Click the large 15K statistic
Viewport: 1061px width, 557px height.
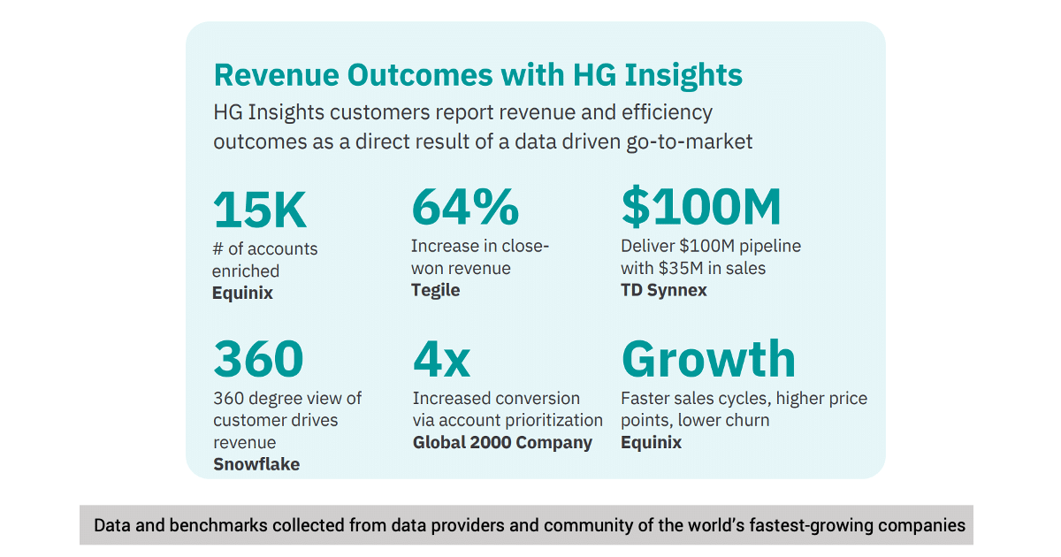[x=260, y=210]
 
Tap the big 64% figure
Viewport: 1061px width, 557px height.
[x=465, y=208]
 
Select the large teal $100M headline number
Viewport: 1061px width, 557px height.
[x=701, y=208]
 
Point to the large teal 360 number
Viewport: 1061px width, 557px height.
[x=258, y=359]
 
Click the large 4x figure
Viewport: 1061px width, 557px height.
[x=441, y=359]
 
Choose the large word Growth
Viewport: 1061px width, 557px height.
[x=708, y=359]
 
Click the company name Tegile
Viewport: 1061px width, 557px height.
[x=435, y=290]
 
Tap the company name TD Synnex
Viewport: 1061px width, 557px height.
[x=663, y=290]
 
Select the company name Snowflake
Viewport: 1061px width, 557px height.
[x=256, y=464]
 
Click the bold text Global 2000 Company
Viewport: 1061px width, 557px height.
[x=502, y=442]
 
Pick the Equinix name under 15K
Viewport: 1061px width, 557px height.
[x=242, y=294]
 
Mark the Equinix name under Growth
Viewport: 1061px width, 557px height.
[x=651, y=442]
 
